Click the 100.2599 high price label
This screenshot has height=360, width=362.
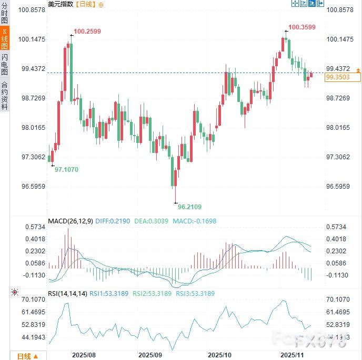pyautogui.click(x=87, y=32)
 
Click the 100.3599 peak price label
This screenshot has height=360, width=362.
pyautogui.click(x=302, y=27)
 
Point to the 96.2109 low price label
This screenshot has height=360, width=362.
pyautogui.click(x=189, y=207)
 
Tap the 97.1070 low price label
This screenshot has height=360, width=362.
pyautogui.click(x=66, y=170)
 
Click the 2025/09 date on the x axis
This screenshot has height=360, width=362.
pyautogui.click(x=150, y=355)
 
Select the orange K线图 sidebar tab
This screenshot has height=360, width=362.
pyautogui.click(x=5, y=39)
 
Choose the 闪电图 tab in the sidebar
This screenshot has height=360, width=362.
pyautogui.click(x=5, y=64)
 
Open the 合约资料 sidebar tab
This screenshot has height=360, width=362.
pyautogui.click(x=5, y=95)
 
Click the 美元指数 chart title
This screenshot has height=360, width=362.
pyautogui.click(x=61, y=4)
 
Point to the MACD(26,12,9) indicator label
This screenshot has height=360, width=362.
pyautogui.click(x=70, y=221)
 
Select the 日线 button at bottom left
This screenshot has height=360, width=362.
pyautogui.click(x=26, y=356)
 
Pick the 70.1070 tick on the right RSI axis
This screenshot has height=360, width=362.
pyautogui.click(x=338, y=300)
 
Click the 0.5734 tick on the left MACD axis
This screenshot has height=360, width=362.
pyautogui.click(x=35, y=227)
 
